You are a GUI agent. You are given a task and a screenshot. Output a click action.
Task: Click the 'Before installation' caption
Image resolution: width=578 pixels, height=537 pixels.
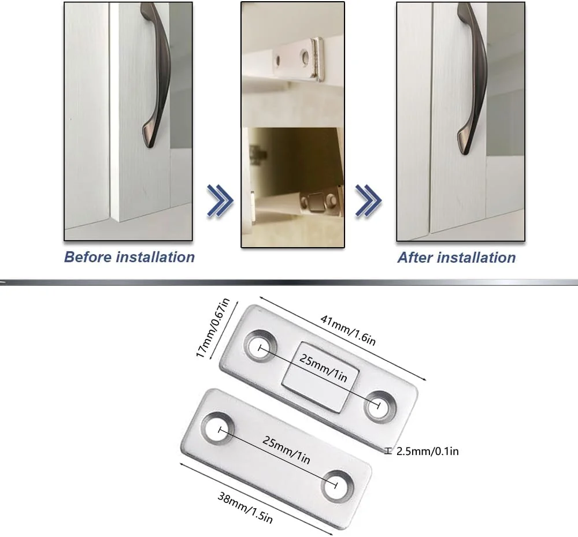pyautogui.click(x=129, y=257)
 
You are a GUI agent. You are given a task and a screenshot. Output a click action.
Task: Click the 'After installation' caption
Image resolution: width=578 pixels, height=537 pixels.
pyautogui.click(x=457, y=258)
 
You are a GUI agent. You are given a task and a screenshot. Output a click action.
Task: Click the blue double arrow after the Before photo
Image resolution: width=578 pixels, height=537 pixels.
pyautogui.click(x=220, y=201)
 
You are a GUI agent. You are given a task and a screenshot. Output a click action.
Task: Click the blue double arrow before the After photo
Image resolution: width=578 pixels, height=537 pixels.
pyautogui.click(x=368, y=201)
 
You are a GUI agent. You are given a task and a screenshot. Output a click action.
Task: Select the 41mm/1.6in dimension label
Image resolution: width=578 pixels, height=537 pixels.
pyautogui.click(x=348, y=330)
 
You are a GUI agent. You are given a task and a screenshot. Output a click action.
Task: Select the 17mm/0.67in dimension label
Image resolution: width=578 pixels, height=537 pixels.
pyautogui.click(x=213, y=327)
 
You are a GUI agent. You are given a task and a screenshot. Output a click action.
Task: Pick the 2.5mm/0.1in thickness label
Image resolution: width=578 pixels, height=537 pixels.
pyautogui.click(x=428, y=451)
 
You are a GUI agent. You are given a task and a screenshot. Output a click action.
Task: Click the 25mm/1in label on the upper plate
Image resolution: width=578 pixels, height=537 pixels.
pyautogui.click(x=323, y=368)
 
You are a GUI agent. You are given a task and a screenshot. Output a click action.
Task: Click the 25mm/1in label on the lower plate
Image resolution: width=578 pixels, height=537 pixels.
pyautogui.click(x=286, y=450)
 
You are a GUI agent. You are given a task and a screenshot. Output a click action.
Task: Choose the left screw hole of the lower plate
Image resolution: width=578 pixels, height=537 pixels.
pyautogui.click(x=218, y=429)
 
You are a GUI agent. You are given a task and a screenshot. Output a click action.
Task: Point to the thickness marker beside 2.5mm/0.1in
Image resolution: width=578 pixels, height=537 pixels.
pyautogui.click(x=388, y=451)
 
